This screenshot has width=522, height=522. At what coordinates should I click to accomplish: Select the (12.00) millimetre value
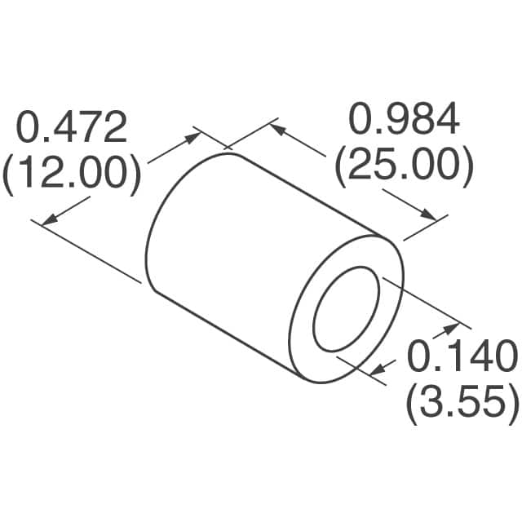pos(71,174)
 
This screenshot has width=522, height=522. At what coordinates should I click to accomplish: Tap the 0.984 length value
pos(405,120)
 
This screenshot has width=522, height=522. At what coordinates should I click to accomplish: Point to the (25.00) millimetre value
pos(405,166)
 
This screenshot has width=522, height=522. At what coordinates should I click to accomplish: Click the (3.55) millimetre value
pos(462,403)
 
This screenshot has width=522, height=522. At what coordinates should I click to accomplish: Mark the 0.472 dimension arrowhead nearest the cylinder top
pos(193,135)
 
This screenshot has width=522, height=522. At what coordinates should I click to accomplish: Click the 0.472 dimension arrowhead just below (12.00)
pos(49,219)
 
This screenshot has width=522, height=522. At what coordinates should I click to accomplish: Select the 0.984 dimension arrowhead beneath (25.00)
pos(430,214)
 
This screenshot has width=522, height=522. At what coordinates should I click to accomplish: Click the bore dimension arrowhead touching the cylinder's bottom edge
pos(376,371)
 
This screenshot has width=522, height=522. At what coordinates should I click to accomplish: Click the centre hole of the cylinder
pos(347,309)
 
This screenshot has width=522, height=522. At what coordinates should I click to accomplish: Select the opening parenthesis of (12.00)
pos(10,174)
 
